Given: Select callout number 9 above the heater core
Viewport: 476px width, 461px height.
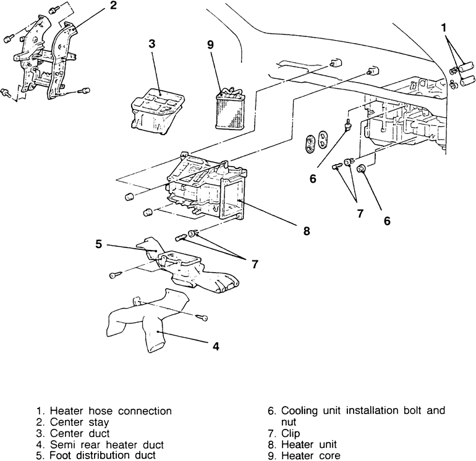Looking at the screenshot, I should (x=211, y=44).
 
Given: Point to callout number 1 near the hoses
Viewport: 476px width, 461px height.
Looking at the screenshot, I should (x=444, y=27).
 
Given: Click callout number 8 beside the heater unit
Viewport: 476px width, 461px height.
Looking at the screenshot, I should (x=307, y=231).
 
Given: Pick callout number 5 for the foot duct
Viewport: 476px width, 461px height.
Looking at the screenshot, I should (x=98, y=244).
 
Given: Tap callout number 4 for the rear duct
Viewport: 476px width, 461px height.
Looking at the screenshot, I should (x=216, y=346).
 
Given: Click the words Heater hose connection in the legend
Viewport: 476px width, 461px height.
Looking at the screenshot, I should (x=111, y=410).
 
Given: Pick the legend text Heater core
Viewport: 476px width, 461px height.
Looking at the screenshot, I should (x=310, y=456).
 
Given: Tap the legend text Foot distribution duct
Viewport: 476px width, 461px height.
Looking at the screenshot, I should (x=102, y=456).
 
